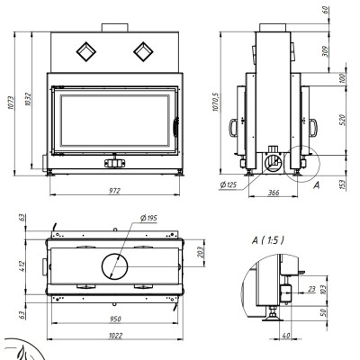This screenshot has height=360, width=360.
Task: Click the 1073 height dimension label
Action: click(x=11, y=103)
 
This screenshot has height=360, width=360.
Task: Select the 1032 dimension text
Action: click(x=28, y=99)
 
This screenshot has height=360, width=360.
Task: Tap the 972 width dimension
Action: click(x=114, y=191)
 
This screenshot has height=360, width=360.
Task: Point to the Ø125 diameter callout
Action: click(x=229, y=184)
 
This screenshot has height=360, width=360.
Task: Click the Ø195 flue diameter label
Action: click(x=148, y=218)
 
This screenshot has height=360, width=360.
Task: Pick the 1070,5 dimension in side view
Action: click(x=216, y=102)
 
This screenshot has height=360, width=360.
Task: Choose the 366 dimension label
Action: click(x=274, y=193)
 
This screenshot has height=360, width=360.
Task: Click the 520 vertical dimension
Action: click(x=343, y=120)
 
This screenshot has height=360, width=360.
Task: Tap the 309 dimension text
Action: click(x=326, y=51)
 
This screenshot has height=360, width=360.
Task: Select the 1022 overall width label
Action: click(x=115, y=336)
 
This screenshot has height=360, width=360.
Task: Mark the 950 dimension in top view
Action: click(x=115, y=319)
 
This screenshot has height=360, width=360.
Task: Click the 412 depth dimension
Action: click(x=22, y=266)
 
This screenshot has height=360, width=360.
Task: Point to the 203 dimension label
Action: click(x=201, y=252)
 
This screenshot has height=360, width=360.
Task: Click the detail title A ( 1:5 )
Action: click(x=268, y=240)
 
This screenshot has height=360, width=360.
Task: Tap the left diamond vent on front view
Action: click(x=86, y=51)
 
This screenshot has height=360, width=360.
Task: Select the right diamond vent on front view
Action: click(x=143, y=51)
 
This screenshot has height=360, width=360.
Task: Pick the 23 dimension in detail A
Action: click(x=311, y=289)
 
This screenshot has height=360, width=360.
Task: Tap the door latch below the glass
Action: click(x=114, y=161)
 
